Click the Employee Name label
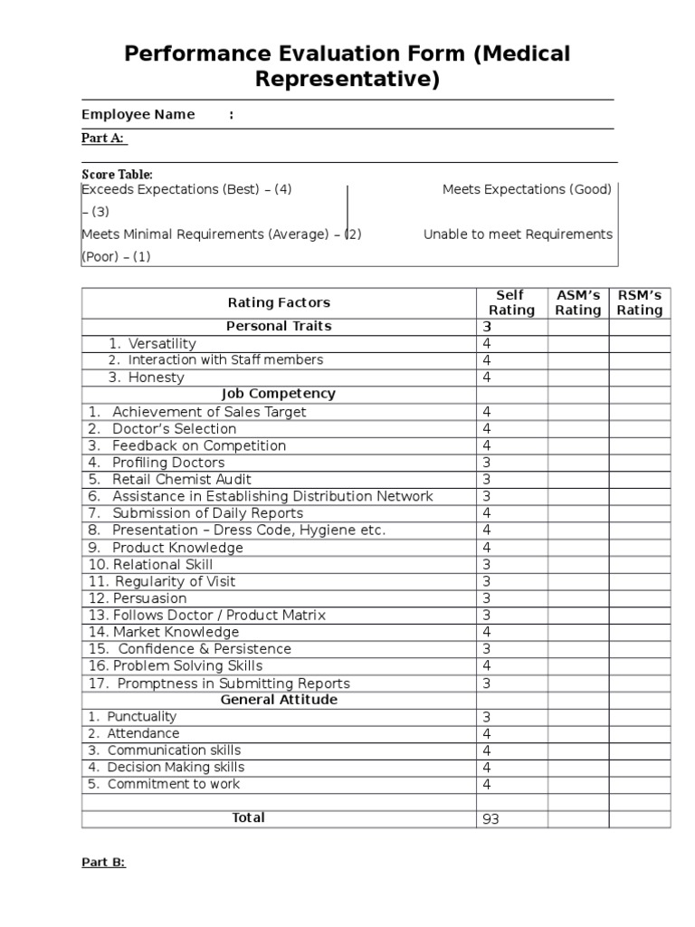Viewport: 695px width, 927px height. [x=138, y=114]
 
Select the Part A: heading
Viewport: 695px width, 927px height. [x=104, y=138]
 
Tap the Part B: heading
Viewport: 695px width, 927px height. [x=103, y=862]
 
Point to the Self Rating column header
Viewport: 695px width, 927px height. [x=511, y=302]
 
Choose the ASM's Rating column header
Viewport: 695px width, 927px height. [x=577, y=302]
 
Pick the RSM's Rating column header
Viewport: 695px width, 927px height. [x=639, y=302]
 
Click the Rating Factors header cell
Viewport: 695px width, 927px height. [x=279, y=302]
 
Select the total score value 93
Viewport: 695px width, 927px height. [x=490, y=819]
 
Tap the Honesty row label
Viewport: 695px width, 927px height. [x=156, y=377]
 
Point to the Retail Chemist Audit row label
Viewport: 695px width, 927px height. [x=181, y=479]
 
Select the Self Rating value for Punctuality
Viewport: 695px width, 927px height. [x=487, y=717]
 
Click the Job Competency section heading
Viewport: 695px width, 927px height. [x=279, y=394]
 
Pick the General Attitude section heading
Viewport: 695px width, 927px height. [x=279, y=700]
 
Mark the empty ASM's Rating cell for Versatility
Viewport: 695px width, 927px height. [x=577, y=343]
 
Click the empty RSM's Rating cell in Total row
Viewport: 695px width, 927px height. [x=639, y=818]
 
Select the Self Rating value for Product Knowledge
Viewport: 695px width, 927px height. [x=487, y=548]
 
